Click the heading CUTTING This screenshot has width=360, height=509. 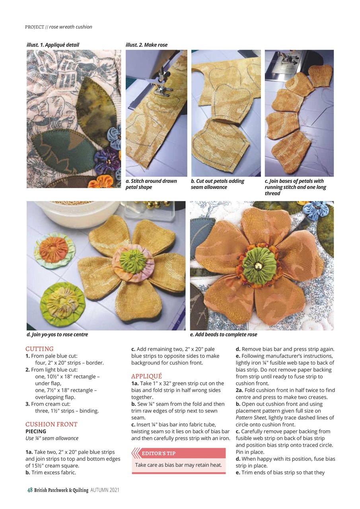coord(39,349)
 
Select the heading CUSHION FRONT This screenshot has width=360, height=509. coord(51,424)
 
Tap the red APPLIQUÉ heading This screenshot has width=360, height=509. coord(146,376)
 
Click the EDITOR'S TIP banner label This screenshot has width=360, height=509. coord(158,453)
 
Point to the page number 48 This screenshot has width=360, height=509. coord(29,490)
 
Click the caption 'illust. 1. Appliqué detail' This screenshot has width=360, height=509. coord(53,45)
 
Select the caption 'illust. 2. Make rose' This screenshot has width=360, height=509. coord(146,45)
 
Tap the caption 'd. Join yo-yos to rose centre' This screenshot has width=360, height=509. coord(57,334)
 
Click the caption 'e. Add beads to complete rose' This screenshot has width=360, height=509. coord(224,334)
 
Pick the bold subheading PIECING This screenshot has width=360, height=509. coord(36,431)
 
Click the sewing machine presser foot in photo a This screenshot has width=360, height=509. coord(161,85)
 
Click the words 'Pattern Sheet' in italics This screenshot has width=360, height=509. coord(250,418)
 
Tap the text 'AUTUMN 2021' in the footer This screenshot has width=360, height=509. coord(105,490)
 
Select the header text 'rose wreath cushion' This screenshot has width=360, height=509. coord(71,27)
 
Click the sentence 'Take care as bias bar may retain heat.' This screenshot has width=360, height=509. coord(178,465)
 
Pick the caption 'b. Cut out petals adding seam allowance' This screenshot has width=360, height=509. coord(218,184)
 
